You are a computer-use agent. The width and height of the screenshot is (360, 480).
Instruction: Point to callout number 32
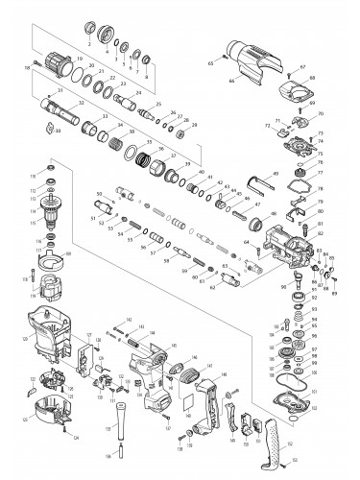(x=79, y=101)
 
